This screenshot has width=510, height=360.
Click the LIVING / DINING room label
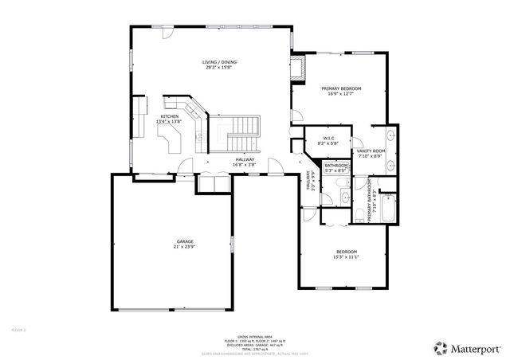(x=219, y=62)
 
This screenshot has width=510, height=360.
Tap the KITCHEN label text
(x=170, y=116)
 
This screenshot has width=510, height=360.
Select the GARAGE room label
(x=185, y=241)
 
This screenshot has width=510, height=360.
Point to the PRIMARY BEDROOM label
(x=341, y=88)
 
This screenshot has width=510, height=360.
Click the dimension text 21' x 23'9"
(x=185, y=247)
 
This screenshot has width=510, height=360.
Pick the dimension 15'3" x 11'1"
(x=347, y=257)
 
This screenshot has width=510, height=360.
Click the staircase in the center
(x=239, y=134)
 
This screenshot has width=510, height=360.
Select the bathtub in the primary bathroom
(x=388, y=209)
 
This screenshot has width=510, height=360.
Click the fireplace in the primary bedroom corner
(x=299, y=68)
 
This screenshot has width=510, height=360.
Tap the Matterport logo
(x=467, y=347)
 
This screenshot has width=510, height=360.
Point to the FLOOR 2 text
(x=18, y=328)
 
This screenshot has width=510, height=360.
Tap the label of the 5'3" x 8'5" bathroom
(x=335, y=165)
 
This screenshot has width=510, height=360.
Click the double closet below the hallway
(x=212, y=183)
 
